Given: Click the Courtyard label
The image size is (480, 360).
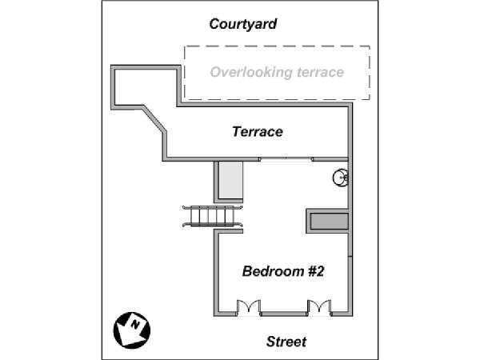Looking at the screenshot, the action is click(243, 24).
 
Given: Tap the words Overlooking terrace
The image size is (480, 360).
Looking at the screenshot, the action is click(277, 72).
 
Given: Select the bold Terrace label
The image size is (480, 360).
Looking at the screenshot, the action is click(258, 132).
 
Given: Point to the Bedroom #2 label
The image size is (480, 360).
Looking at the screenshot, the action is click(283, 271).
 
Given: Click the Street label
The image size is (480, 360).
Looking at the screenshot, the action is click(286, 342).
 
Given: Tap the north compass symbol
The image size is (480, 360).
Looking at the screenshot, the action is click(132, 330).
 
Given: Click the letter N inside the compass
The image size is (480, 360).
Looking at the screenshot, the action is click(135, 325).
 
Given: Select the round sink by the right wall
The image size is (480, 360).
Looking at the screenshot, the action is click(341, 178).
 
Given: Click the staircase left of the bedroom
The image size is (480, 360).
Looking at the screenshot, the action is click(213, 216).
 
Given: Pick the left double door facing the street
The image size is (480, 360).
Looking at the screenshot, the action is click(249, 306).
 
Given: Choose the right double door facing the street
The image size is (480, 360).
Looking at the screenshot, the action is click(319, 306).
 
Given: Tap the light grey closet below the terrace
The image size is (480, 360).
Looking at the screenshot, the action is click(231, 180).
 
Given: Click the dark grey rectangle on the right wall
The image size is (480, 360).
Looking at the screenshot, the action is click(329, 221).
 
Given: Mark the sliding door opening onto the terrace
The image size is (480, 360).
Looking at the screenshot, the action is click(286, 159).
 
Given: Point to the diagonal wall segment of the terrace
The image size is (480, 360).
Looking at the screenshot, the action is click(154, 119).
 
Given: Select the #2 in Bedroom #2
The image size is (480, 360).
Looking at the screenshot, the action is click(316, 271).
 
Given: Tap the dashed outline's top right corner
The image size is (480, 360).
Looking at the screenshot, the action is click(370, 46).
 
